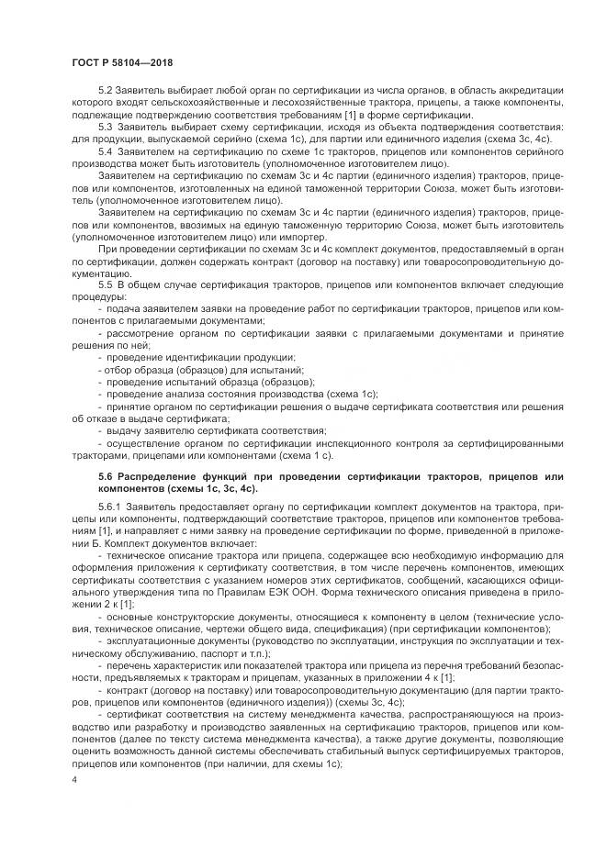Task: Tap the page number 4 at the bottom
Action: point(73,779)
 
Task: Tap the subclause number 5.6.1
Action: point(107,506)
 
